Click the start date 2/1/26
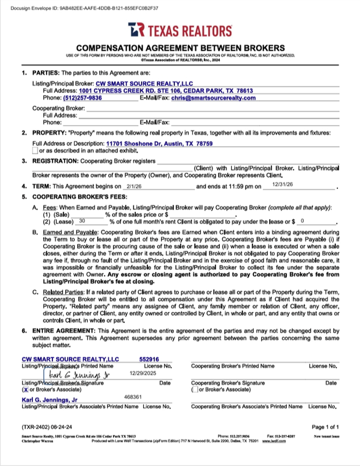133,186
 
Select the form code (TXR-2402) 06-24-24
47,427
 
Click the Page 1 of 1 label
325,427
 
